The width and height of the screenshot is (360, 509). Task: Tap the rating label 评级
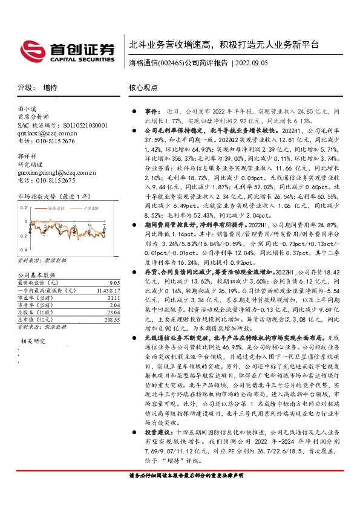(25, 87)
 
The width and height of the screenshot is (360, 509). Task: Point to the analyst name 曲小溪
(28, 109)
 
